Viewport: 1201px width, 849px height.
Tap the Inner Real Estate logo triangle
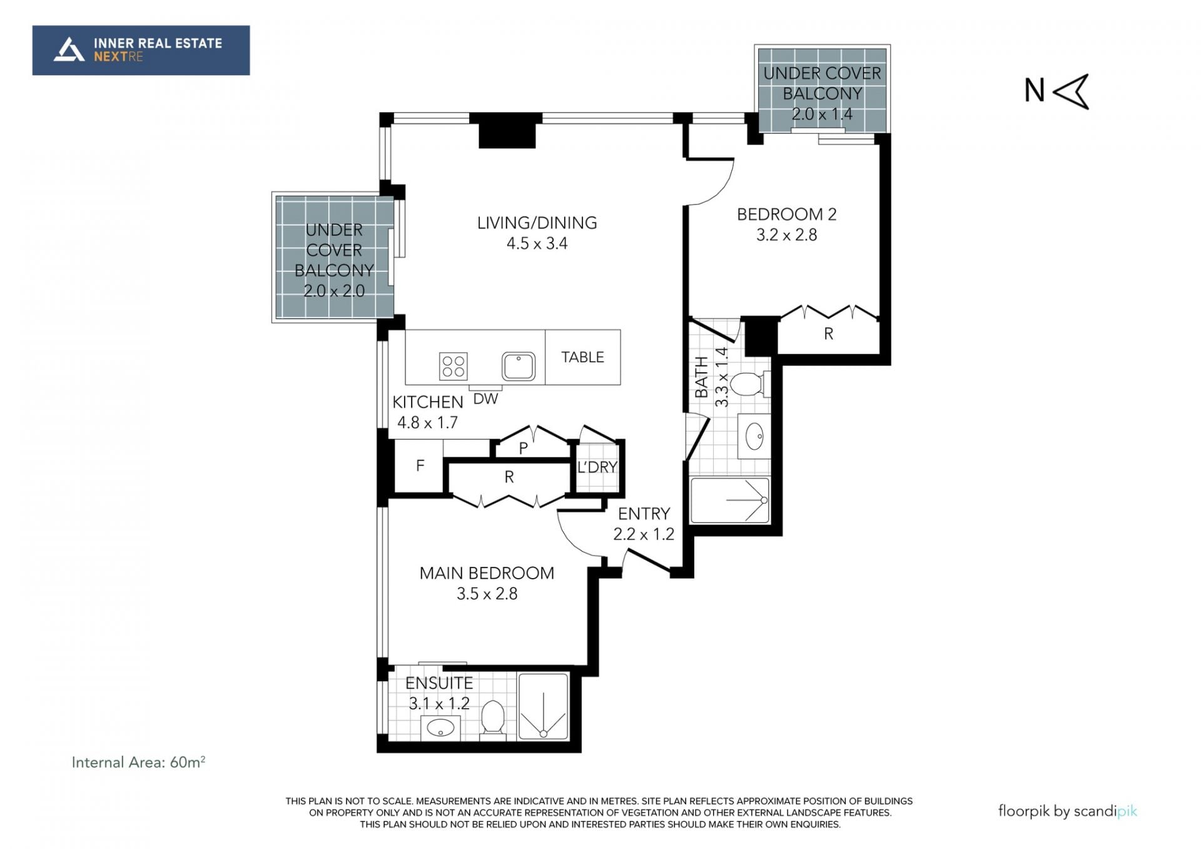[x=69, y=50]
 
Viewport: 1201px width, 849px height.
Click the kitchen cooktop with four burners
[x=454, y=366]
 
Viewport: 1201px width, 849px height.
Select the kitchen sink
[x=518, y=366]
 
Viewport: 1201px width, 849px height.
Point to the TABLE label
[x=582, y=357]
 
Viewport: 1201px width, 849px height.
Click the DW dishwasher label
[x=485, y=399]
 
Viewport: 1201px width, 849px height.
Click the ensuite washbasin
[x=440, y=728]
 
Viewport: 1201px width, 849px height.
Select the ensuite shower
[x=544, y=706]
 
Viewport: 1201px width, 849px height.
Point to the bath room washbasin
[x=754, y=435]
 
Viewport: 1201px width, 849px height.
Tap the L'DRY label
[x=597, y=467]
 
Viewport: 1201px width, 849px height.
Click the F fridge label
[x=420, y=465]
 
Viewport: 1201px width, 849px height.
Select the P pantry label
[x=524, y=449]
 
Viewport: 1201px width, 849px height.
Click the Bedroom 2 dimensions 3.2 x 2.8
[x=787, y=235]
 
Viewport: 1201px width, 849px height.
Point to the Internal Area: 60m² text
[x=138, y=762]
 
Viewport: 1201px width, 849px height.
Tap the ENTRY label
[x=644, y=514]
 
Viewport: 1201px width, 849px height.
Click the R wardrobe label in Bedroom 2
[x=829, y=334]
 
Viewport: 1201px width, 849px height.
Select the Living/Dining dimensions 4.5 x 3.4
[x=537, y=243]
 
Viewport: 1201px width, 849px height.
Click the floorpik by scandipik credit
[x=1068, y=811]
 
